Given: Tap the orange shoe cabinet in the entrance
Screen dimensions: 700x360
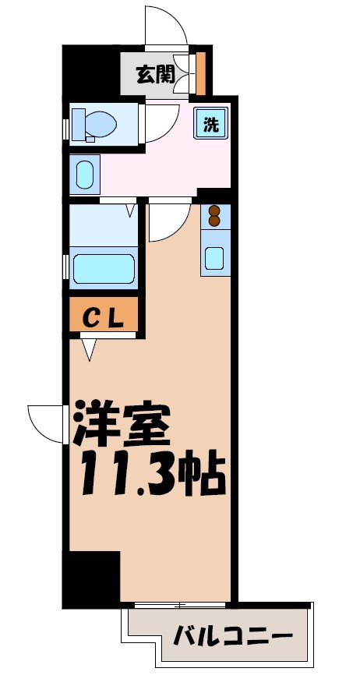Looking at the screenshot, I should point(200,72).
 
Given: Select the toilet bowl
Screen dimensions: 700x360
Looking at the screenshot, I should point(95,123).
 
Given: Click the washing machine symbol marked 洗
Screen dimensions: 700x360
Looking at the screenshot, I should point(211,122).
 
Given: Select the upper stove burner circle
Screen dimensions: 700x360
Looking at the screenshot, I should point(215,210).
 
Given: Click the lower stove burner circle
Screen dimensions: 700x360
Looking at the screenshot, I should point(215,221).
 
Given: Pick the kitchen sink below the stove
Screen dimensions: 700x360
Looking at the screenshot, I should point(215,256).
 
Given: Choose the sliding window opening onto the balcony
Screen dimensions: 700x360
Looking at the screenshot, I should point(181,605).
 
